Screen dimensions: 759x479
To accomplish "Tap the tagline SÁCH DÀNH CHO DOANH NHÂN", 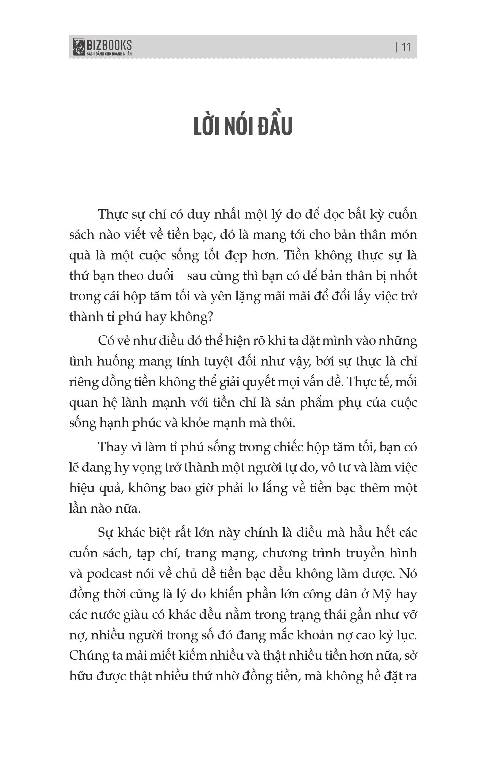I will (109, 54).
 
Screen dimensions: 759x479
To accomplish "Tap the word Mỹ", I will (381, 594).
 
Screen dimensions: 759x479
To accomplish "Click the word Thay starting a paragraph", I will (112, 447).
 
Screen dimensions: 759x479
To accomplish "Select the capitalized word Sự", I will (105, 533).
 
